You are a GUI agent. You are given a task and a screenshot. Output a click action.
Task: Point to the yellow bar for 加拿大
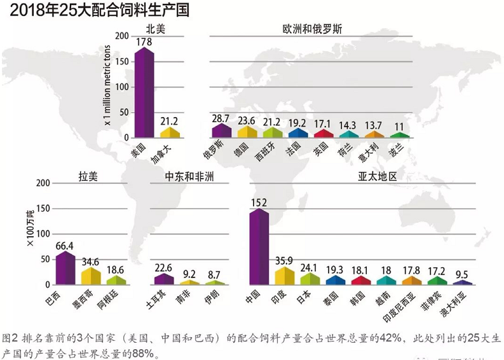pos(170,132)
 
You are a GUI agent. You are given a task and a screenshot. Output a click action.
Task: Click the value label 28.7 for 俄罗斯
pos(220,118)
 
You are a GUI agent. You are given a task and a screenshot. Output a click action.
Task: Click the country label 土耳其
pos(161,301)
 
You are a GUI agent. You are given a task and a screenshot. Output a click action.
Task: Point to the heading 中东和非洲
pos(189,176)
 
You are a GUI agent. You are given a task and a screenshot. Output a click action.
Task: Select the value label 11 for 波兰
pos(398,127)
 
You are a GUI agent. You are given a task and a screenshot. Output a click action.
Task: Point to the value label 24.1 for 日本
pos(310,267)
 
